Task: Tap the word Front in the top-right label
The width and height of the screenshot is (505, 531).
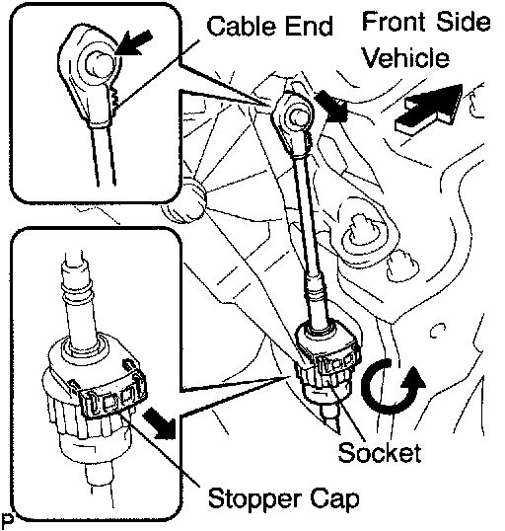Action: click(x=395, y=21)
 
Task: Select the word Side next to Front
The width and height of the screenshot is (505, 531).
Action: click(x=463, y=21)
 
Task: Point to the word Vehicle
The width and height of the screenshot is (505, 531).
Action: click(x=405, y=57)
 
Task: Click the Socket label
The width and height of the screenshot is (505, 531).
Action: click(x=380, y=452)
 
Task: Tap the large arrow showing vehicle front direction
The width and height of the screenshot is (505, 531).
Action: click(x=429, y=108)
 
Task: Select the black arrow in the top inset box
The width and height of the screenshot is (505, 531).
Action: click(x=133, y=43)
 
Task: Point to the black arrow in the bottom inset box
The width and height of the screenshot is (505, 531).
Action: click(x=160, y=422)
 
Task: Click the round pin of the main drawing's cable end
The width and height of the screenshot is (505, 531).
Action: click(x=298, y=117)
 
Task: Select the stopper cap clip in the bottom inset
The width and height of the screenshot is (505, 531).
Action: click(x=114, y=399)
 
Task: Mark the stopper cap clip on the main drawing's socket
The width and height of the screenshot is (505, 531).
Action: click(x=336, y=361)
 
